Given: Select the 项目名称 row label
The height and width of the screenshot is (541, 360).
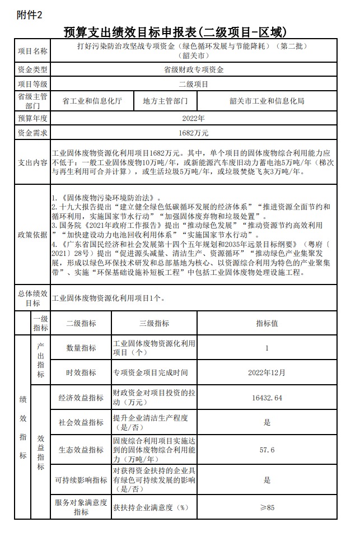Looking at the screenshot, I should click(x=33, y=51).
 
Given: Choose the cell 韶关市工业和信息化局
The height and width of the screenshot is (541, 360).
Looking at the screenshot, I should click(x=267, y=101).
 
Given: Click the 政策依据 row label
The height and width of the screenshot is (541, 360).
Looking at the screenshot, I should click(x=33, y=234).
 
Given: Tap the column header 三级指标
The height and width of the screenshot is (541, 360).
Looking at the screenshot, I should click(x=154, y=323).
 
